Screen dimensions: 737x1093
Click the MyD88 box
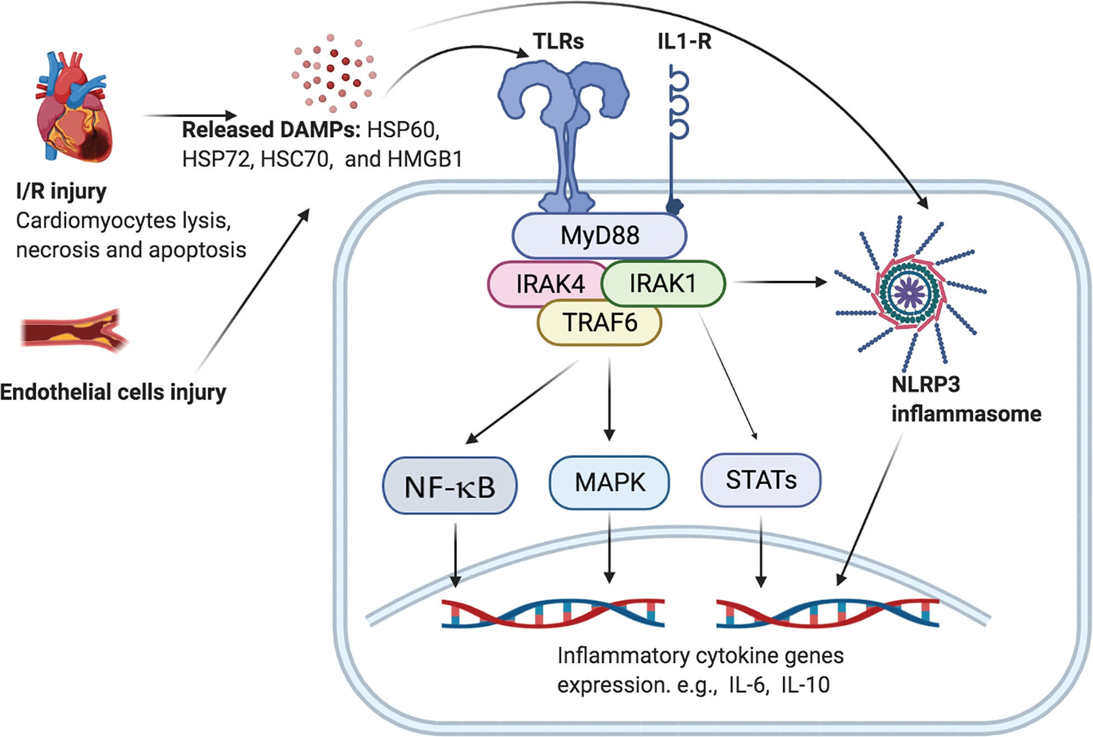(x=599, y=235)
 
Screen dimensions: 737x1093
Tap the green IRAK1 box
(x=664, y=284)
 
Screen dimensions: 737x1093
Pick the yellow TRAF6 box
(x=599, y=323)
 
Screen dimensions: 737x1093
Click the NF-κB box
(x=449, y=486)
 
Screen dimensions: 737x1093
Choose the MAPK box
(x=609, y=483)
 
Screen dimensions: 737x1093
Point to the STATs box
(x=761, y=480)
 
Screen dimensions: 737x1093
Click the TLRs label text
(x=558, y=41)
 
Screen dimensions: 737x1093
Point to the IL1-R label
(x=684, y=41)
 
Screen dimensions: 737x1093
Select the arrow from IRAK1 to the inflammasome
(x=780, y=282)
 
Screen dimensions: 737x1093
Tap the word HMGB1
(x=425, y=159)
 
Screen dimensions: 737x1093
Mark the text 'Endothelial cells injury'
(x=113, y=392)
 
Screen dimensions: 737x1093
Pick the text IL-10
(x=806, y=685)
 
